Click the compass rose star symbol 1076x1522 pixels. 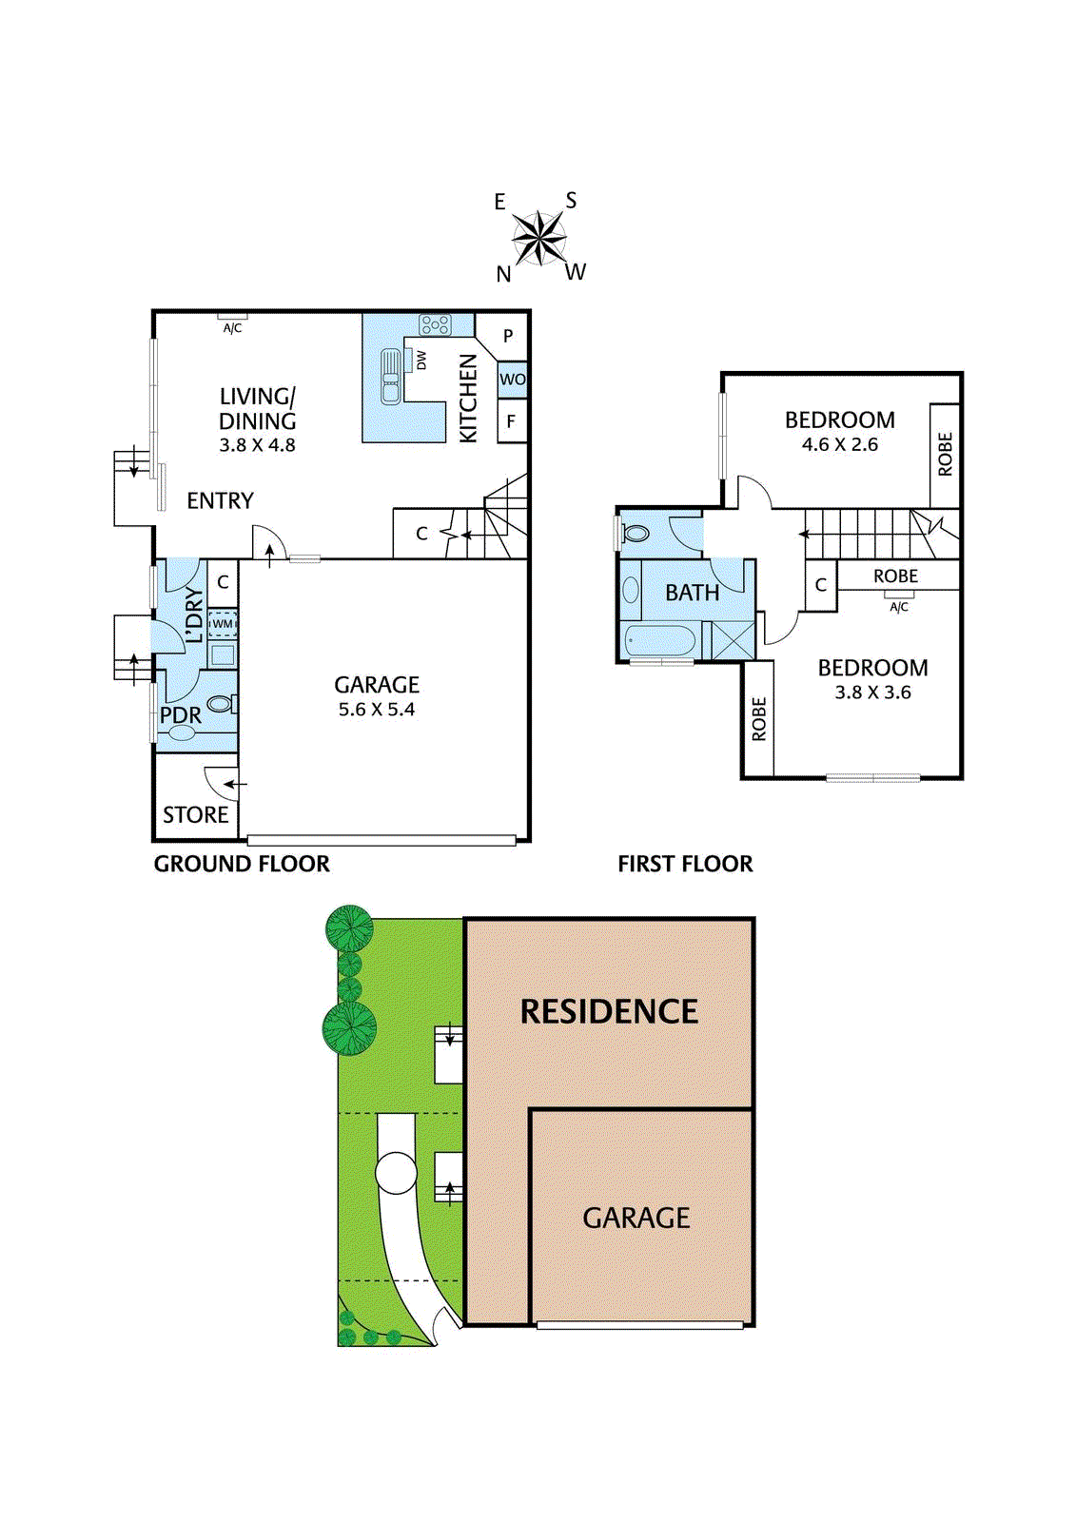[x=539, y=238]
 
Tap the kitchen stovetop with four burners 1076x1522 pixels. [x=435, y=325]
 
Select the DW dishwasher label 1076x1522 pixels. [x=421, y=361]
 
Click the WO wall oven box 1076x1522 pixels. [x=512, y=380]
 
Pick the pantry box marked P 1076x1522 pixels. [x=508, y=336]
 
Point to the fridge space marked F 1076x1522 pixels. [x=511, y=421]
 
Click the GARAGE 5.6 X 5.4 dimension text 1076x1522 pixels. [x=377, y=710]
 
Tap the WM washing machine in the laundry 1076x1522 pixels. [x=223, y=624]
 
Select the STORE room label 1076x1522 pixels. [x=195, y=815]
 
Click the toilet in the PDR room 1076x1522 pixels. [x=220, y=705]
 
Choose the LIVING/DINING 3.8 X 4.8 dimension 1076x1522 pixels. [x=257, y=445]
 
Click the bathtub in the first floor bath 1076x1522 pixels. [x=660, y=641]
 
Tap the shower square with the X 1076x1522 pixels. [x=734, y=639]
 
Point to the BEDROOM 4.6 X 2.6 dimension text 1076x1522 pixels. [x=839, y=444]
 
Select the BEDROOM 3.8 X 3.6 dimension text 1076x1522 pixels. [x=872, y=693]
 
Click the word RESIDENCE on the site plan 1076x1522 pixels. [x=609, y=1011]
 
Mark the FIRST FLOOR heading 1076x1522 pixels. [x=685, y=864]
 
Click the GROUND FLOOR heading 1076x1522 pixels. [x=242, y=864]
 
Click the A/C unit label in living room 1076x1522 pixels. [x=232, y=328]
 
